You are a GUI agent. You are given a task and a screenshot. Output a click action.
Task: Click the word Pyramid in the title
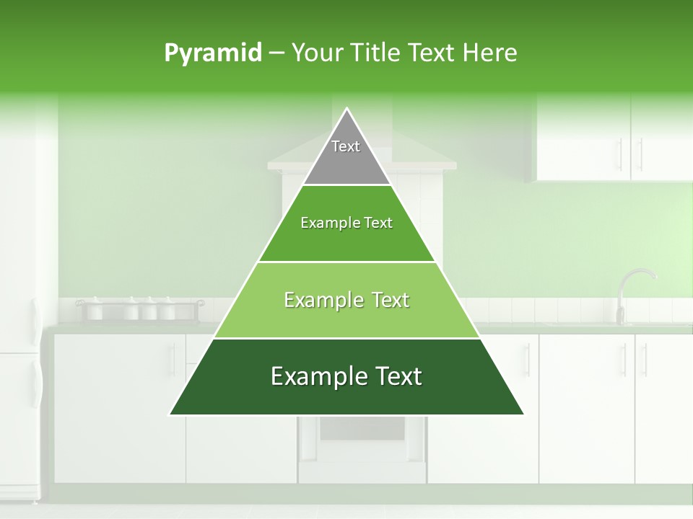212,53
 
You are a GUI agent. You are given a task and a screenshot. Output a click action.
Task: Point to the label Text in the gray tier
346,146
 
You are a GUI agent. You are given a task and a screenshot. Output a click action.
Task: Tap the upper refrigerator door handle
35,321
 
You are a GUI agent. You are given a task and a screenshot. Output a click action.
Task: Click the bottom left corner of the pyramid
171,414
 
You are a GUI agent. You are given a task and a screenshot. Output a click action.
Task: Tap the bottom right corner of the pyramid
522,414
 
